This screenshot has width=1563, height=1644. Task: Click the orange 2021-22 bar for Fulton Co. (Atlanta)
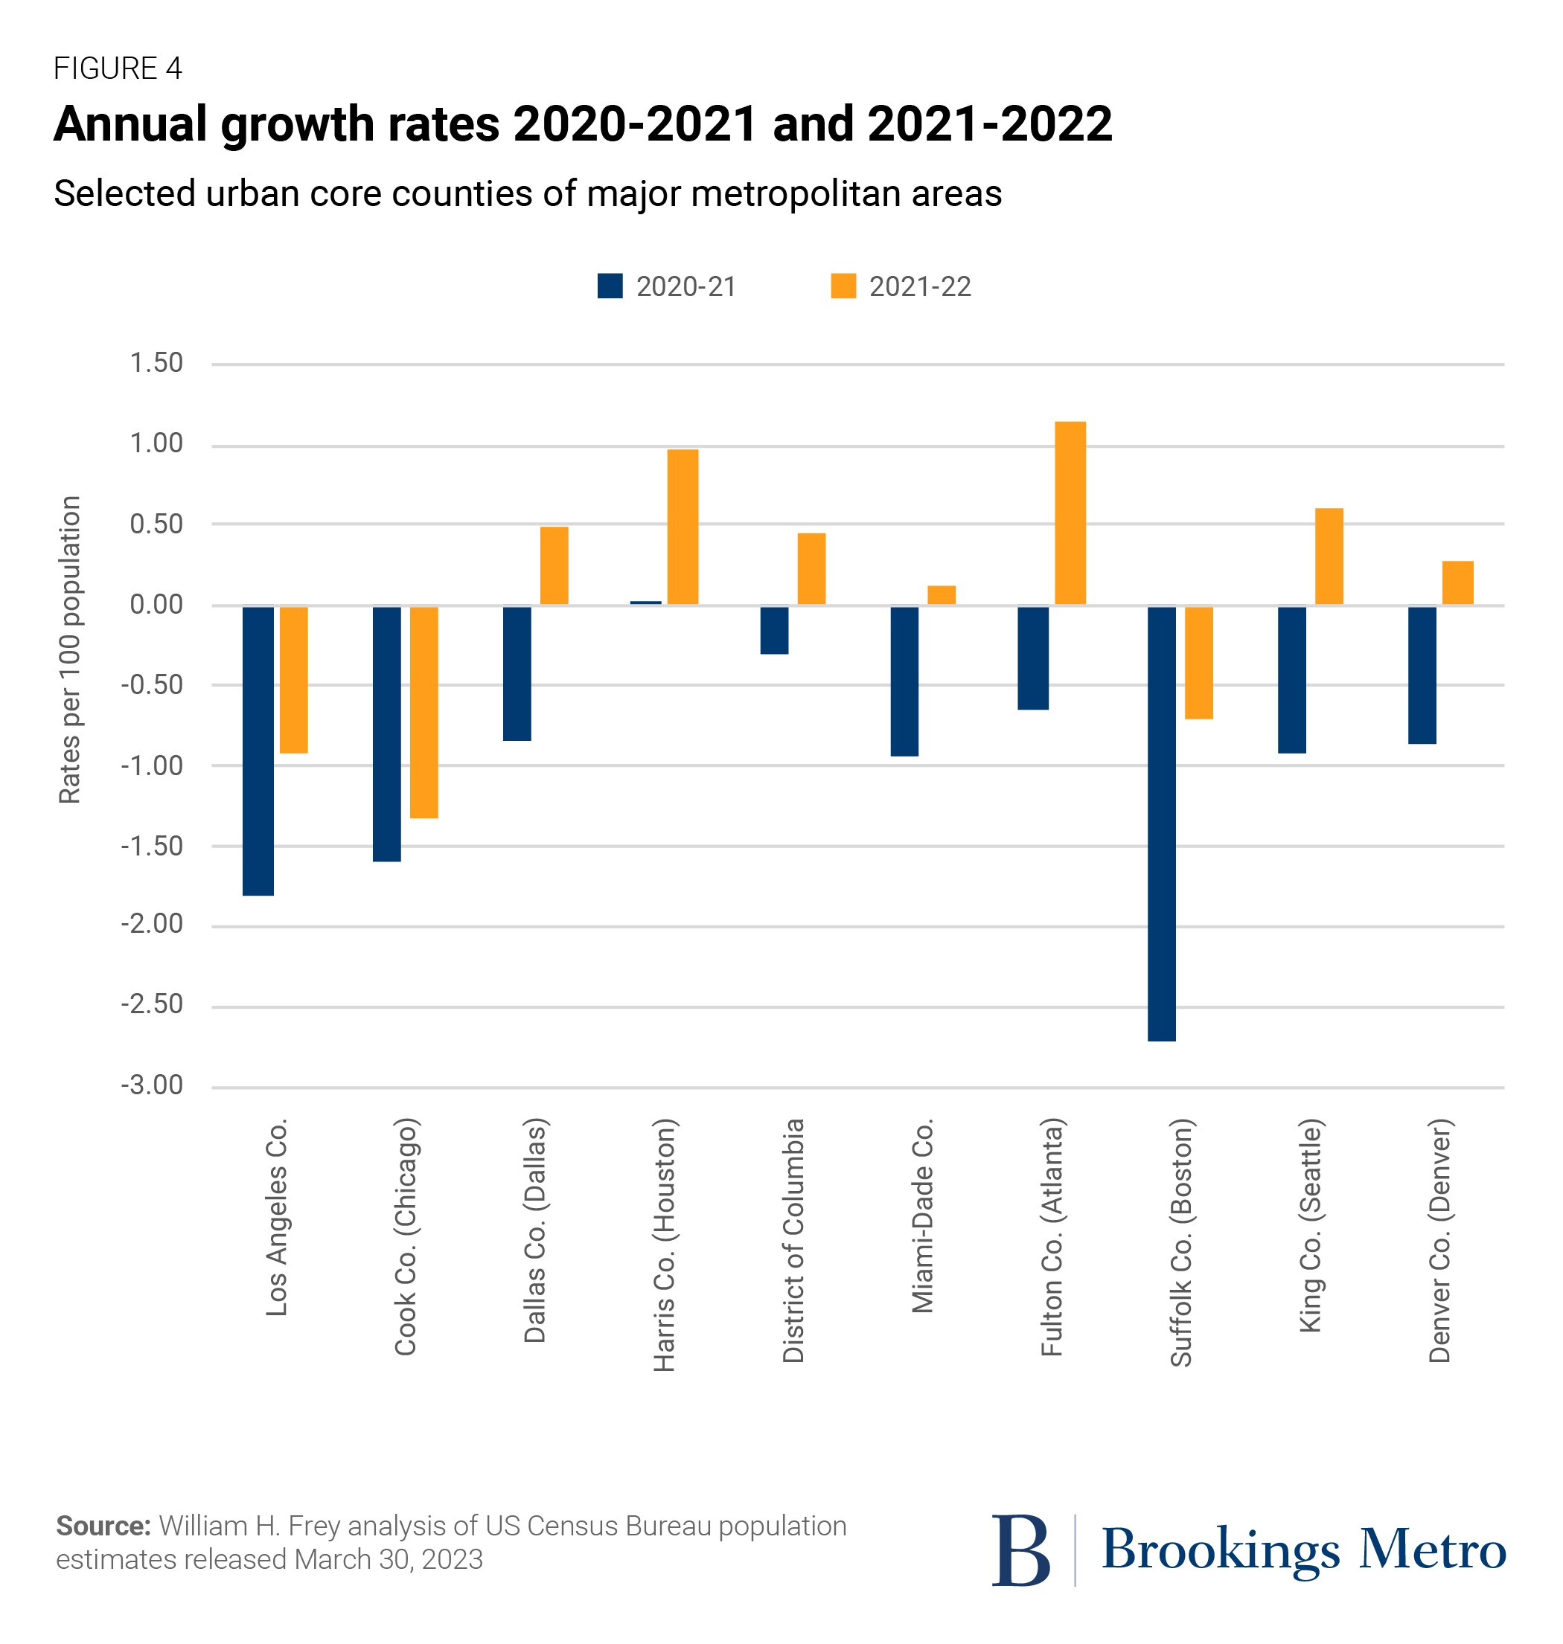1070,513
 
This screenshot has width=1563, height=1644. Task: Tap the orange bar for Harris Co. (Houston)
683,527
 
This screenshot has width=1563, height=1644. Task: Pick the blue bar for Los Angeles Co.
258,751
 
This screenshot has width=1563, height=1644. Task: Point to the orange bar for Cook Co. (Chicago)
424,712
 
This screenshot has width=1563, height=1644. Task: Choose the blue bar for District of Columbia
774,629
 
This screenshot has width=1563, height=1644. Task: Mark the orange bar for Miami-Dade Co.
942,594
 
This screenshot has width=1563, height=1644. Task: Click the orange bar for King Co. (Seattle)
1329,556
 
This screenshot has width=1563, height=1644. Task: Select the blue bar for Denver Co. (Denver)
1422,675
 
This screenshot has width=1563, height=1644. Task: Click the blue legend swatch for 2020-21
610,286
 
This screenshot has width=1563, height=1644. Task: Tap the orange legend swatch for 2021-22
843,286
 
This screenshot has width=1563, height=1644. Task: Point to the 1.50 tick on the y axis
156,363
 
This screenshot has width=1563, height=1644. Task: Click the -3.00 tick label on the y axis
153,1086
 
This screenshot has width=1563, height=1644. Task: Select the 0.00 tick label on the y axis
156,605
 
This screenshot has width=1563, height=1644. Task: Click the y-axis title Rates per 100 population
70,649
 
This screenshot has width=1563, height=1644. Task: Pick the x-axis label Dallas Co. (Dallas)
534,1231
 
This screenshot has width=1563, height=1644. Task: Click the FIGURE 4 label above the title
118,68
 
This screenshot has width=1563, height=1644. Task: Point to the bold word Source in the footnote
103,1526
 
